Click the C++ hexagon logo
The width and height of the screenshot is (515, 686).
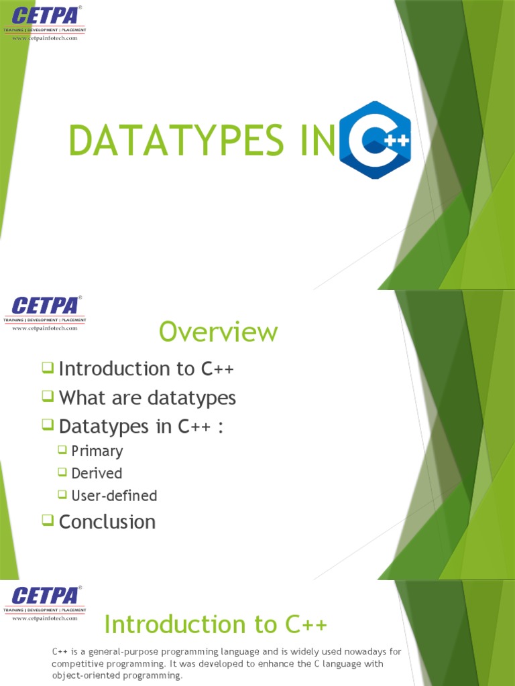376,140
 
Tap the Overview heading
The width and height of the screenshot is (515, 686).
218,332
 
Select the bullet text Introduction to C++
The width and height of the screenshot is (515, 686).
147,369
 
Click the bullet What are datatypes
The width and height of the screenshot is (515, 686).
148,398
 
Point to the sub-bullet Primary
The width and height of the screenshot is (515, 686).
97,451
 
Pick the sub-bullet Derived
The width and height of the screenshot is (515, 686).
97,474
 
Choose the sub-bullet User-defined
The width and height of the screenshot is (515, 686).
115,496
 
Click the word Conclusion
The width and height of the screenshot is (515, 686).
107,522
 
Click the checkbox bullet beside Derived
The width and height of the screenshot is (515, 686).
62,472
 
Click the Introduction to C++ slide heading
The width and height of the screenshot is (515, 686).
216,624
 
